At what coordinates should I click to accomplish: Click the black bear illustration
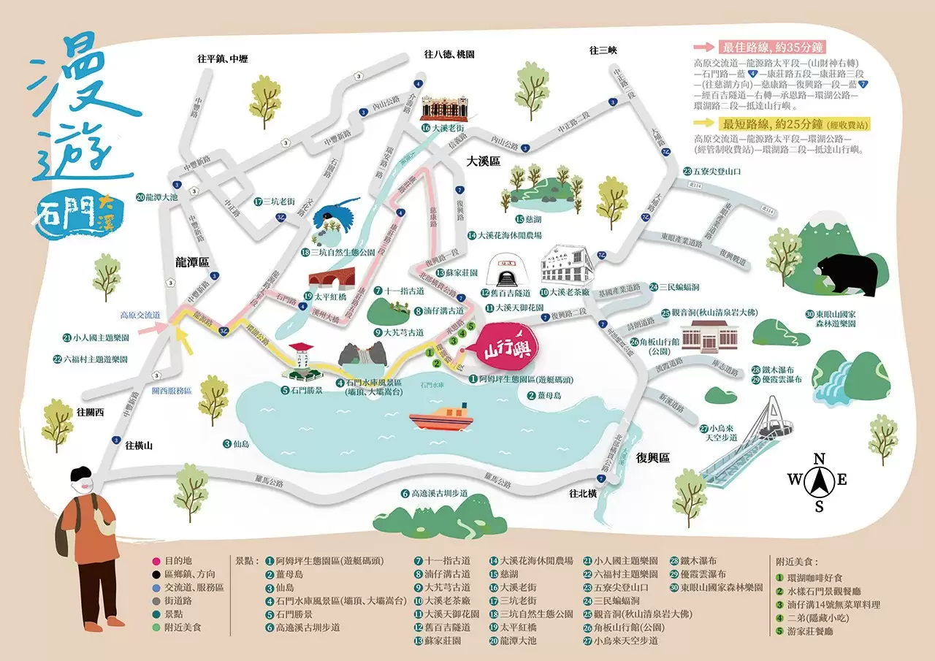(x=847, y=274)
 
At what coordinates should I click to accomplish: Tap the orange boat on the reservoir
(x=440, y=419)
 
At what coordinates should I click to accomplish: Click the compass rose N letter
(x=820, y=459)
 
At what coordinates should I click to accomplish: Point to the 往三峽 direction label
(x=603, y=50)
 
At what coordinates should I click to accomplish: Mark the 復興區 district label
(x=652, y=458)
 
